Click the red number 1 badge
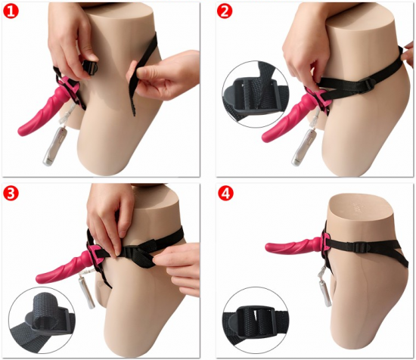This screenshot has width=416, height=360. (x=11, y=11)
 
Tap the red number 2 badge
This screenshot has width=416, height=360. (x=225, y=11)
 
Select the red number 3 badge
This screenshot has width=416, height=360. (x=11, y=194)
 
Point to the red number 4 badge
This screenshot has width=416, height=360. (x=225, y=194)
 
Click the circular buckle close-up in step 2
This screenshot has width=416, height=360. (x=255, y=95)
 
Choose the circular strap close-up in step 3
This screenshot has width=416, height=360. (x=42, y=320)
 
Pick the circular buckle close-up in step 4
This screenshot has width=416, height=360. (x=255, y=320)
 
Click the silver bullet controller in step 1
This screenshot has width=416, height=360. (x=53, y=147)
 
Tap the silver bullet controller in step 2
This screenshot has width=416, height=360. (x=300, y=148)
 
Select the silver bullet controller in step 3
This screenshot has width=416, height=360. (x=92, y=293)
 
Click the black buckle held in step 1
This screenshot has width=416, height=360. (x=90, y=68)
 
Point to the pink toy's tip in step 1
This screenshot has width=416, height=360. (x=20, y=132)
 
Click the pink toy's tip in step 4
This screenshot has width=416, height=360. (x=269, y=247)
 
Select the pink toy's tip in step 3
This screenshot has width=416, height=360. (x=39, y=278)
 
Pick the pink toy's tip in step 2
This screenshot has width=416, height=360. (x=265, y=138)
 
